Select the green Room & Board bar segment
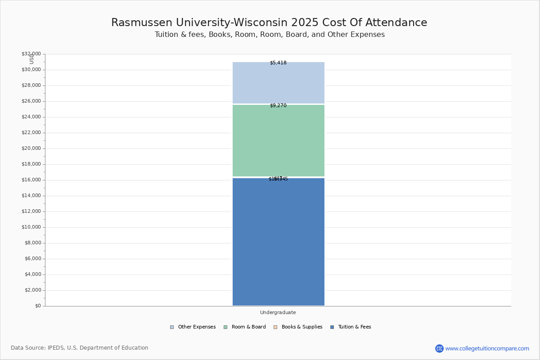278,140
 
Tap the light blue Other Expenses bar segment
278,83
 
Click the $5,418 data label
278,63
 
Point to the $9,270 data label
278,106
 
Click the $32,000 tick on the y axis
31,54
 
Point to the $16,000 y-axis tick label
31,180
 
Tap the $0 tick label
37,306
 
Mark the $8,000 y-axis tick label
32,243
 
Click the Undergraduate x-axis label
278,313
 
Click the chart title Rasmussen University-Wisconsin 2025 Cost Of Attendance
269,23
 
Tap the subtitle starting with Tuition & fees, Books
270,35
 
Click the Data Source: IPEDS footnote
80,348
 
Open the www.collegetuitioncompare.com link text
487,348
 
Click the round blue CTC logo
439,348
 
